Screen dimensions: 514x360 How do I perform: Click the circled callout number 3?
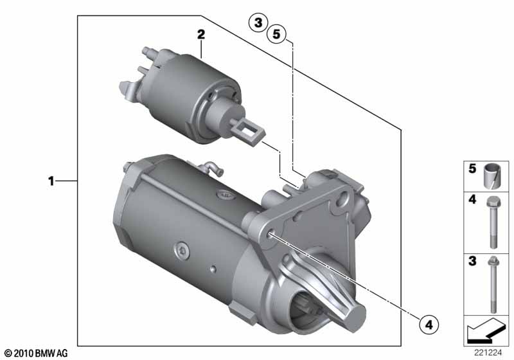[258, 23]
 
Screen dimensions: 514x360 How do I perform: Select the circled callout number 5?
[277, 34]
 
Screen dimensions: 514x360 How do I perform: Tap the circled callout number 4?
[429, 325]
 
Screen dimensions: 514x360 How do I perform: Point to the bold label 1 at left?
[51, 181]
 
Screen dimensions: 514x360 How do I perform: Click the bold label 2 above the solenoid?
[201, 35]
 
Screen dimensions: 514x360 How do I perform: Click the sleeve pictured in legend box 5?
[492, 175]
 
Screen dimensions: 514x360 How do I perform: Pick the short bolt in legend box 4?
[492, 222]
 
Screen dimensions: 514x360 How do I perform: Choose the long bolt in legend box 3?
[493, 284]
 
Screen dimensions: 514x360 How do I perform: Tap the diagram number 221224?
[488, 352]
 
